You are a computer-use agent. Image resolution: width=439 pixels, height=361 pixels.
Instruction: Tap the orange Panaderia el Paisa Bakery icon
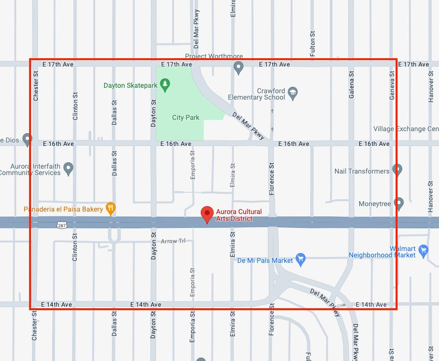click(x=111, y=209)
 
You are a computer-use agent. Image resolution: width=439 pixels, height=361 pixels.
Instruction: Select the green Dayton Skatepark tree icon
click(x=165, y=85)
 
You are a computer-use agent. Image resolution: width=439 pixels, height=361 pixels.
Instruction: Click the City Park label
click(x=185, y=117)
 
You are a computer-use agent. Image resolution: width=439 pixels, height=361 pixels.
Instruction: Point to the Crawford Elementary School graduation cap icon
click(x=293, y=93)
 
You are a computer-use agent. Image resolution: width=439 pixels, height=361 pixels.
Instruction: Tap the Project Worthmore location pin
click(x=239, y=68)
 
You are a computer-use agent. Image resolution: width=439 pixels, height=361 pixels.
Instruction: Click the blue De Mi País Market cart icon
click(x=301, y=259)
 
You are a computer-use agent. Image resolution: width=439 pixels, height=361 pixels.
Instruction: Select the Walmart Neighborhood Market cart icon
click(x=423, y=252)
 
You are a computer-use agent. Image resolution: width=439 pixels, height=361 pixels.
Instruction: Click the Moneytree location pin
click(x=399, y=203)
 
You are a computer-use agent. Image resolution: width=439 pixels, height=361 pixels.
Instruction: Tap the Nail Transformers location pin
click(x=398, y=170)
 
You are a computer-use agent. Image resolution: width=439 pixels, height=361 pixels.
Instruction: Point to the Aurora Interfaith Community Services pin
click(x=69, y=169)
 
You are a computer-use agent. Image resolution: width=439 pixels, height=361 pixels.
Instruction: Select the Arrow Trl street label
click(x=173, y=241)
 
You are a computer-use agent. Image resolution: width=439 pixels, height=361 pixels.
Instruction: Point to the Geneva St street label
click(x=392, y=86)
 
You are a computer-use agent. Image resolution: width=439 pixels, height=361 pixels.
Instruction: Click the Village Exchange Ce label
click(x=405, y=129)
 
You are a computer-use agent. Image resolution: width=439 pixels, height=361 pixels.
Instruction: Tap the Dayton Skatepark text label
click(x=130, y=85)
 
